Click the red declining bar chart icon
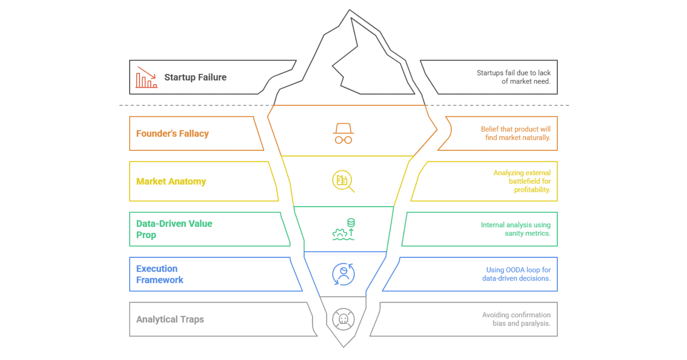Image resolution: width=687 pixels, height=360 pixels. coord(146,78)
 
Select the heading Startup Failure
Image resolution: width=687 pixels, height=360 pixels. coord(195,77)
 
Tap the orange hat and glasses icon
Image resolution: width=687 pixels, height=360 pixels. coord(343,134)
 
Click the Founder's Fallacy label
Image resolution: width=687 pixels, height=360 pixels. coord(172,134)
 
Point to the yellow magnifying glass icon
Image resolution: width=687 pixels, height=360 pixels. coord(343,181)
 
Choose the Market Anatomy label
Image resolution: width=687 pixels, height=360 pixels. coord(171,181)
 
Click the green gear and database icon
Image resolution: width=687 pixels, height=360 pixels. coord(343,229)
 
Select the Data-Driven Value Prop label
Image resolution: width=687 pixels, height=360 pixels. coord(174,229)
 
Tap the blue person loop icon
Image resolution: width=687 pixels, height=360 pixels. coord(343,274)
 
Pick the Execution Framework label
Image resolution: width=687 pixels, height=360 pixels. coord(160,274)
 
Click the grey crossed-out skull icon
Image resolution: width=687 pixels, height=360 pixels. coord(343,319)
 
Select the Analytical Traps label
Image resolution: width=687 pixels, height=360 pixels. coord(170,319)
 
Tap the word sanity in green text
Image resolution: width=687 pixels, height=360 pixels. coord(514,233)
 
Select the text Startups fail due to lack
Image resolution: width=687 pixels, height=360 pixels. coord(514,73)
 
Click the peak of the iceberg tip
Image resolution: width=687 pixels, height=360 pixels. coord(350,11)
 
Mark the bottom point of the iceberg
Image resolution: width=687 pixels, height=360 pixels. coord(343,346)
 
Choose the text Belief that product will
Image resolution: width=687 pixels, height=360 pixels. coord(515,129)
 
